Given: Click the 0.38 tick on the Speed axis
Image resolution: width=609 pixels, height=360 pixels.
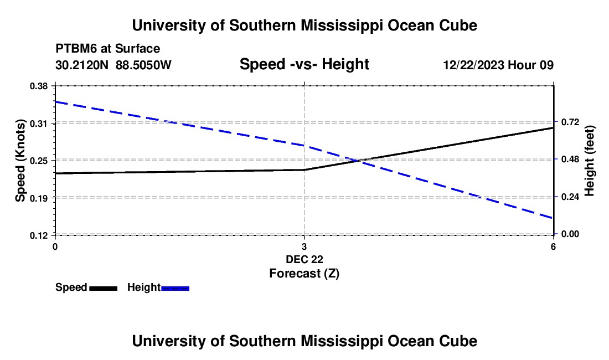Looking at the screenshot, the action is [39, 86].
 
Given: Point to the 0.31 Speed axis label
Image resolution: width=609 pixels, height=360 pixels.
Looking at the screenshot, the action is [39, 124].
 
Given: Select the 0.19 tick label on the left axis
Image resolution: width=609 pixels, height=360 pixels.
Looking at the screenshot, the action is [39, 198].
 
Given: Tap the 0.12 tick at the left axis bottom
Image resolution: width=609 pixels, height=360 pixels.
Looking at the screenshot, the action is [39, 236].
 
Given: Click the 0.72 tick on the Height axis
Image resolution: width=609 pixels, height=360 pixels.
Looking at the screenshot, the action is [570, 122].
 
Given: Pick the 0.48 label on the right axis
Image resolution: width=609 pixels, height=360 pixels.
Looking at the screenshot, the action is [570, 160].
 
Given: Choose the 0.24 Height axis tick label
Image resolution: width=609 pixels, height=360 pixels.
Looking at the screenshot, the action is [570, 197].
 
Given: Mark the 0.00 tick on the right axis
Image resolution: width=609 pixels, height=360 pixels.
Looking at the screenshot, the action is [570, 234].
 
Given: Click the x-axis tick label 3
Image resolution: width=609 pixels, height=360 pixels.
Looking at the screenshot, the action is [304, 246].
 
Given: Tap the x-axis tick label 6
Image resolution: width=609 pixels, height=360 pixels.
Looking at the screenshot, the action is [553, 246].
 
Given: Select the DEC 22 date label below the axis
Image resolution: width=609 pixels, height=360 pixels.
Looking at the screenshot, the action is [304, 259].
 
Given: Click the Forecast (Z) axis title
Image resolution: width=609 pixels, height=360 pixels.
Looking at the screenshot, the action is [304, 274].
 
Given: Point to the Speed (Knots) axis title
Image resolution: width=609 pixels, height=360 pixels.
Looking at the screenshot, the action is [20, 161].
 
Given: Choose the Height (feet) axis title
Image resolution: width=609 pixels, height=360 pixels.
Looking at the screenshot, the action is [589, 161].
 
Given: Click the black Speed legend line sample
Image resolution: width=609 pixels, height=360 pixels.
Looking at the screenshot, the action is [104, 289].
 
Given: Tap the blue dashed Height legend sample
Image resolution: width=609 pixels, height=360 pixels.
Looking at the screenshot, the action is [175, 289].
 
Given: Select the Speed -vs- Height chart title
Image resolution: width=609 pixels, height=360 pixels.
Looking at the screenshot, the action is [304, 64].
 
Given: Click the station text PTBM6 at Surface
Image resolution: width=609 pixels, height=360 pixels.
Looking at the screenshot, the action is [108, 49].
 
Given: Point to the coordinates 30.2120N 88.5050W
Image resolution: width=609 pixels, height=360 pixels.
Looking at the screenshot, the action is [113, 65].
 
